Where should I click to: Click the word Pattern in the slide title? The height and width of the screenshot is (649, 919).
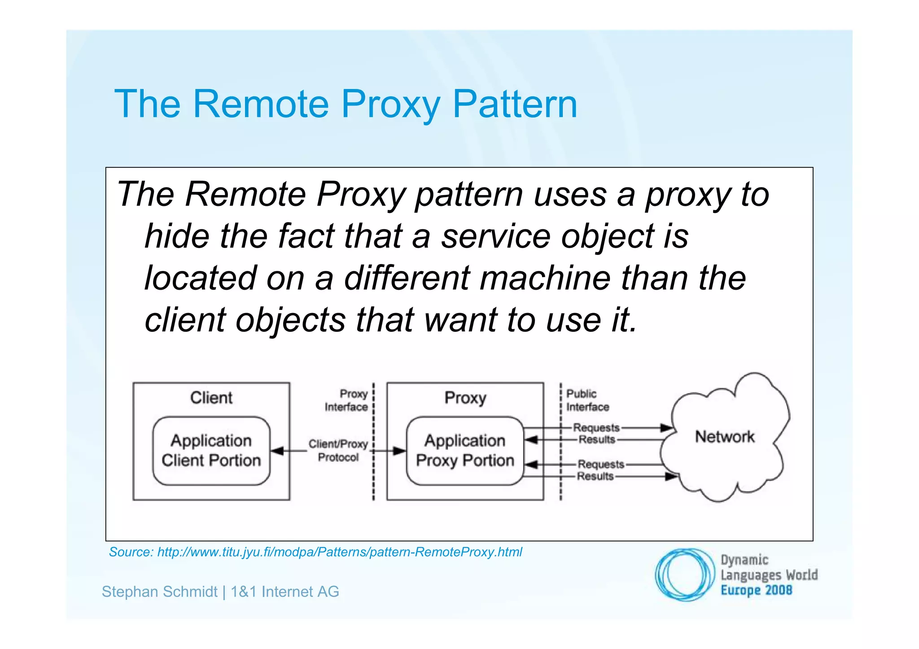[x=514, y=104]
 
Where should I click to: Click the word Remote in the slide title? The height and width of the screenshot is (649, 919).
[x=260, y=104]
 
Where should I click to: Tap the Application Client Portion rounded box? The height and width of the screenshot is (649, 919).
[x=211, y=451]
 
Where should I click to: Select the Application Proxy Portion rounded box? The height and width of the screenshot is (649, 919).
[x=465, y=451]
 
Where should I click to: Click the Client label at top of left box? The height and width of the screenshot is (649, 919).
[x=211, y=398]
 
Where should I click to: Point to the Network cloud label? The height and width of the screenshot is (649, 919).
[x=725, y=436]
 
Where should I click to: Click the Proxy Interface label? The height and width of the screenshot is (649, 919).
[x=347, y=401]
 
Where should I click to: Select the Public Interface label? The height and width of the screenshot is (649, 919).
[x=587, y=401]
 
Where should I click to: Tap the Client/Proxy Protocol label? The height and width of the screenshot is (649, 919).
[x=338, y=450]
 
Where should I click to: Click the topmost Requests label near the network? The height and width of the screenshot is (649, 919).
[x=596, y=427]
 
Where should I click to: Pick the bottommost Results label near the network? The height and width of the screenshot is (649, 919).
[x=595, y=476]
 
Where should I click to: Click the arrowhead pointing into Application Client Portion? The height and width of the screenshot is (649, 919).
[x=277, y=451]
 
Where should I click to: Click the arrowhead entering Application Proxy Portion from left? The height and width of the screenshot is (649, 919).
[x=399, y=451]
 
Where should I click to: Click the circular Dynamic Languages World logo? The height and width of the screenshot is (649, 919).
[x=685, y=575]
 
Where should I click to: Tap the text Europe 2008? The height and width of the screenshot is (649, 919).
[x=756, y=590]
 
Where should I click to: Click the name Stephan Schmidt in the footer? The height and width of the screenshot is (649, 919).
[x=159, y=592]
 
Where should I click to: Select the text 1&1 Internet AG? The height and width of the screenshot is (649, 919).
[x=285, y=592]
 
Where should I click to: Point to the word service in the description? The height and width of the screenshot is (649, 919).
[x=496, y=236]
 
